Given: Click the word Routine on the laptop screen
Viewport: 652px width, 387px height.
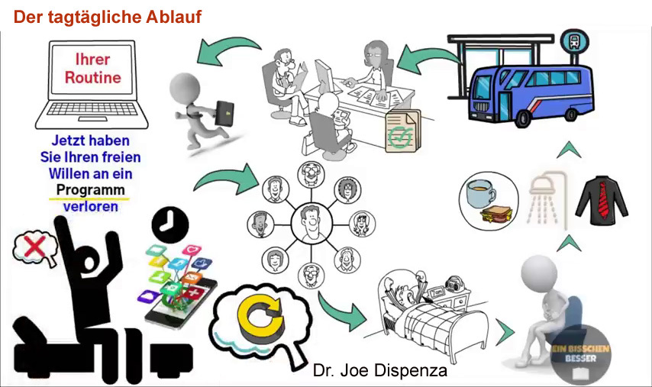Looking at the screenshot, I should tap(92, 78).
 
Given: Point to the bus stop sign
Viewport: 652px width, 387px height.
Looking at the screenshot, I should tap(570, 39).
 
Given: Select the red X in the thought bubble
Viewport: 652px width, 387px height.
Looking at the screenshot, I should tap(33, 247).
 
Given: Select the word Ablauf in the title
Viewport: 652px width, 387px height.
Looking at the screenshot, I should tap(169, 17).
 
